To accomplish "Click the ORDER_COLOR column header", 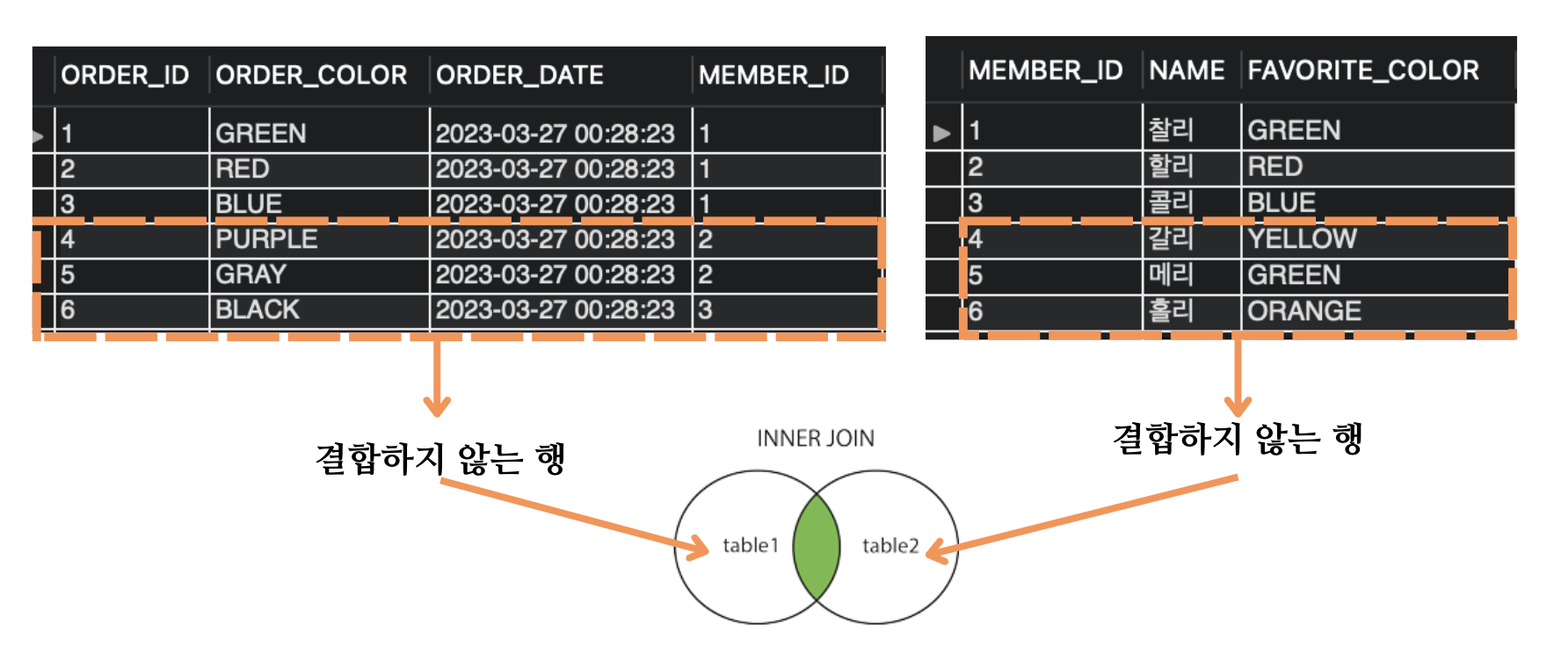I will coord(311,76).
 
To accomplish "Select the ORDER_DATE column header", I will coord(519,76).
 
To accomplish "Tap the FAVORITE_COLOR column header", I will coord(1362,70).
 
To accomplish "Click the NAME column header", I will coord(1187,70).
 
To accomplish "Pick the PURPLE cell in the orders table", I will coord(266,239).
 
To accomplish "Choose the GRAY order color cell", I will coord(251,274).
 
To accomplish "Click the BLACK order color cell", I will coord(258,310).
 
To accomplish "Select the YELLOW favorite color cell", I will coord(1302,238).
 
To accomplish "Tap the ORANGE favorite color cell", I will coord(1304,310).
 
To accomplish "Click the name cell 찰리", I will coord(1171,130).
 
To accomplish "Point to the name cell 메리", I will coord(1171,274).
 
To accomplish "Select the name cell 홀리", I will coord(1171,310).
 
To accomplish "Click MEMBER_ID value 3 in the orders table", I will coord(705,310).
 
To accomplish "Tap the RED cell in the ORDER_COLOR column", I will coord(243,169).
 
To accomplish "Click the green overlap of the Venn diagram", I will coord(816,547).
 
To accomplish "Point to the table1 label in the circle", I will coord(751,546).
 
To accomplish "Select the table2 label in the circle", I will coord(890,546).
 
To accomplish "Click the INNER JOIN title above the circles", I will coord(816,438).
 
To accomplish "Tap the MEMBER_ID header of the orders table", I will coord(773,76).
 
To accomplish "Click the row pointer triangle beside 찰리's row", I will coord(942,133).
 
